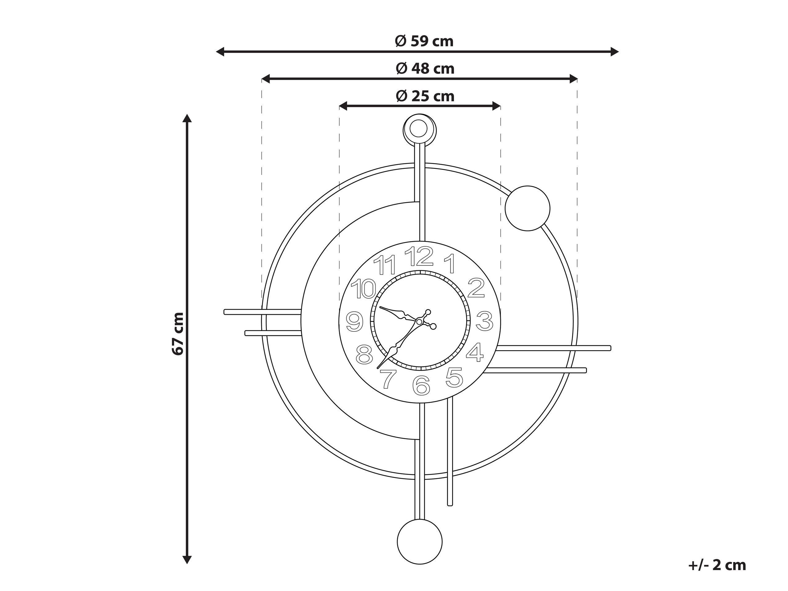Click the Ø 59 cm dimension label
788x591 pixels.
click(424, 41)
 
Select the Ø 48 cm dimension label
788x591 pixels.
click(425, 68)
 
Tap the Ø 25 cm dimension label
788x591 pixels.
click(425, 96)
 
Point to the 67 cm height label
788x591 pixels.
click(178, 334)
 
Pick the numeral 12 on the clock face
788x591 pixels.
click(419, 257)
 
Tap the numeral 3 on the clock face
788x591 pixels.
click(484, 321)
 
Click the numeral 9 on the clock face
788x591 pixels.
click(354, 322)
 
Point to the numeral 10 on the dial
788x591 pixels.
click(363, 289)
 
